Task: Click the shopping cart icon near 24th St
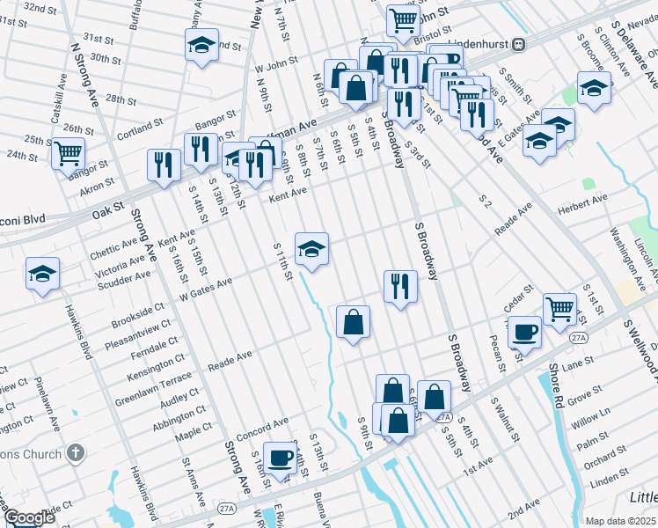68,153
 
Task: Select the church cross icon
77,454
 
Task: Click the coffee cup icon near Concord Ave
280,458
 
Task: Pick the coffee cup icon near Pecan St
524,332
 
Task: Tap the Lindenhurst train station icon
520,43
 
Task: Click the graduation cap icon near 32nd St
201,45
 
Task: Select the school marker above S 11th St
311,249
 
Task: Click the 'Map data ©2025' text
620,521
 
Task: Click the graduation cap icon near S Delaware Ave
595,88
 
